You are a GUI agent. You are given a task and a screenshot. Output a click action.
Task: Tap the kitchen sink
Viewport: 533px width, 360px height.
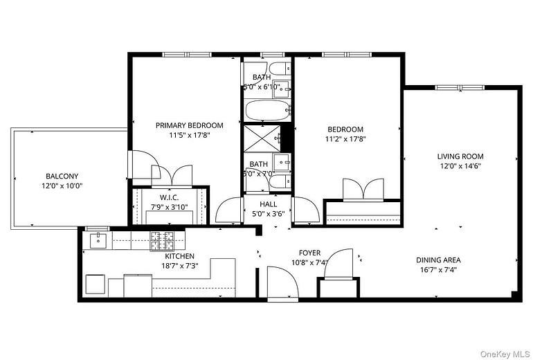(x=98, y=241)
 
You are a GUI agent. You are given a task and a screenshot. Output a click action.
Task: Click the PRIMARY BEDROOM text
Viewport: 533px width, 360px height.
(x=189, y=125)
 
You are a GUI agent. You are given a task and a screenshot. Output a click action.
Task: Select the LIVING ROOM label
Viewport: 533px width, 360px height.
(x=460, y=156)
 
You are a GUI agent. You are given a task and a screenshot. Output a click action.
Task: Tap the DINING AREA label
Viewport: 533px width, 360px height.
(x=438, y=260)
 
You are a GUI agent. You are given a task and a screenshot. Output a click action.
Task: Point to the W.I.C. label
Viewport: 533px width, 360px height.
(x=165, y=198)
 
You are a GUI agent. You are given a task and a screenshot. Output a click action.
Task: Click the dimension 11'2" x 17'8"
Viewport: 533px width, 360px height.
(x=345, y=138)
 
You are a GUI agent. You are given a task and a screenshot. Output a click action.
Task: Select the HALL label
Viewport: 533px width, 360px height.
(x=268, y=204)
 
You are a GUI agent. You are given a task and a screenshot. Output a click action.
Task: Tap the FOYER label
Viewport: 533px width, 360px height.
(x=309, y=253)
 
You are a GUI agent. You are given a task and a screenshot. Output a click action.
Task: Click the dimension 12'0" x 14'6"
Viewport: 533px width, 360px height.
(x=460, y=166)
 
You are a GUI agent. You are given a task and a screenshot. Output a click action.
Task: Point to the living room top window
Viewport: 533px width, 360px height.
(x=470, y=87)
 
